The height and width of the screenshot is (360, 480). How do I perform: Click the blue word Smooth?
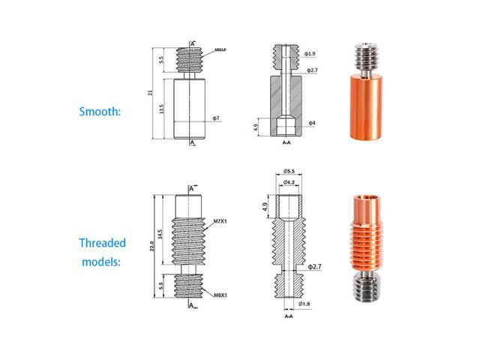coord(100,112)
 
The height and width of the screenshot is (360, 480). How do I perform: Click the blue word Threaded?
coord(102,243)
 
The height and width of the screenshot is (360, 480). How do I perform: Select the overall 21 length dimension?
coord(151,91)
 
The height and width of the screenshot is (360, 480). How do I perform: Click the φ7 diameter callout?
coord(215,119)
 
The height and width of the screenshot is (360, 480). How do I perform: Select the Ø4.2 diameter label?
coord(289,182)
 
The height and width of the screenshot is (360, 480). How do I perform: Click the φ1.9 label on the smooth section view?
coord(310,54)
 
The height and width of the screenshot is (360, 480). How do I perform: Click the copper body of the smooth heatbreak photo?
coord(367,108)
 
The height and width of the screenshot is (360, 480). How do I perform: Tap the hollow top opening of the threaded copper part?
coord(364,200)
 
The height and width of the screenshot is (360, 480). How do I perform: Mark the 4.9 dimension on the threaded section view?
coord(265,205)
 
